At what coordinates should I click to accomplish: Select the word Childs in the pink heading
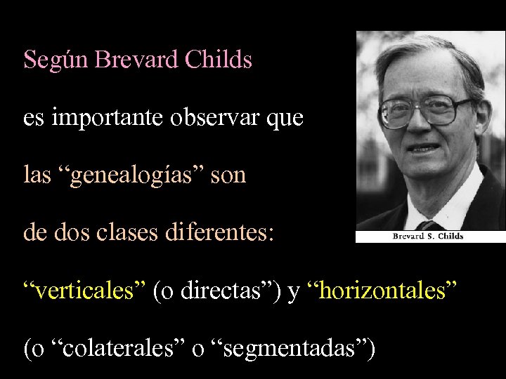[219, 60]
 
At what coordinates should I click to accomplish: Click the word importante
[105, 118]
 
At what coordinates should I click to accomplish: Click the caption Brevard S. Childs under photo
[428, 237]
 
